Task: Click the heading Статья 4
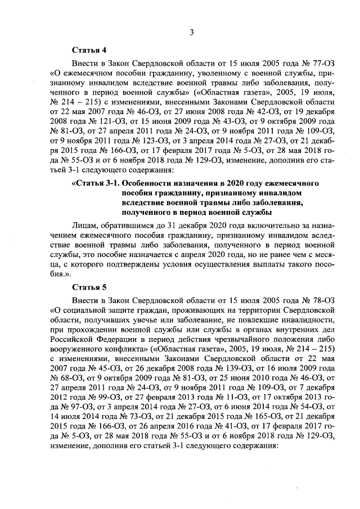(89, 51)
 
